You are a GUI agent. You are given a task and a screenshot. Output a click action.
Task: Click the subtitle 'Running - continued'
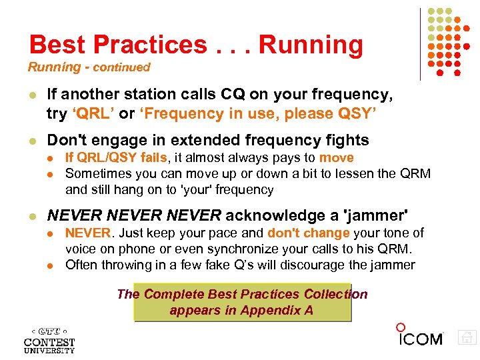point(89,67)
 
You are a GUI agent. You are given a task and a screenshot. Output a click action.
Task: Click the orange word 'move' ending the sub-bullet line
point(336,158)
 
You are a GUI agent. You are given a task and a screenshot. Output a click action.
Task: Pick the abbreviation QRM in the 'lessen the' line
point(414,173)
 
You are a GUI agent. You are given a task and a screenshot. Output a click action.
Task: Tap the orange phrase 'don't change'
point(309,233)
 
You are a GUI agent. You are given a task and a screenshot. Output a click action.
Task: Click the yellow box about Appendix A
point(241,303)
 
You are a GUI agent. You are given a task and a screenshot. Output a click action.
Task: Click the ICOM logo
point(419,337)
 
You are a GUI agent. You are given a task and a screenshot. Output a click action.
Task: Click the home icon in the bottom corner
point(467,337)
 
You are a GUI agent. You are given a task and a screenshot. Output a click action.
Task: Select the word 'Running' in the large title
point(311,45)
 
